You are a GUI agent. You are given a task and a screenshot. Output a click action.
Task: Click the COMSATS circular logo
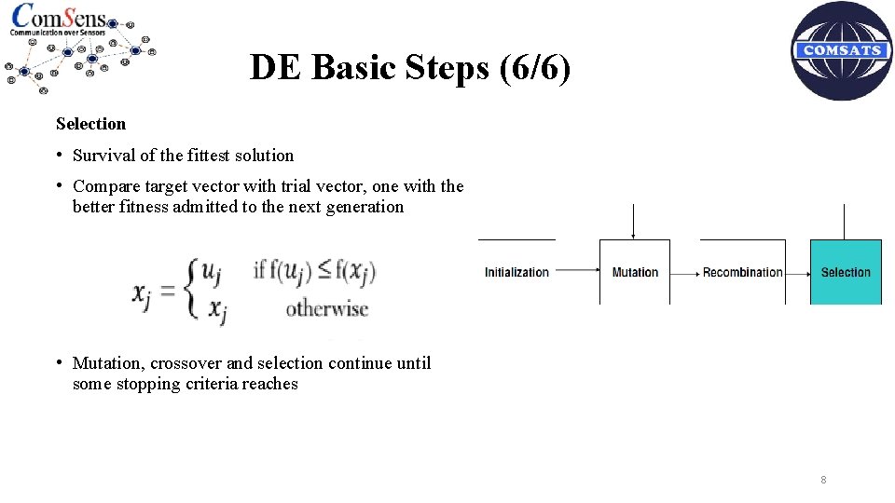[842, 51]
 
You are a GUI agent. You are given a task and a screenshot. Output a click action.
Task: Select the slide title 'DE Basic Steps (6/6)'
[410, 67]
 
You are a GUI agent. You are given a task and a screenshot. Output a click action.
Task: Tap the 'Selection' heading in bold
[90, 124]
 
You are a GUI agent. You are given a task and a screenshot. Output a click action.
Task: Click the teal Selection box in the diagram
[846, 272]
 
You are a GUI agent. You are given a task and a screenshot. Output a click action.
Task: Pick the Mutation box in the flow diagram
[635, 272]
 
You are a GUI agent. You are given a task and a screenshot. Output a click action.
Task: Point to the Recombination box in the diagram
[743, 272]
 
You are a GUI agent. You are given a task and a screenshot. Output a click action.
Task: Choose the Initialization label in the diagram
[516, 272]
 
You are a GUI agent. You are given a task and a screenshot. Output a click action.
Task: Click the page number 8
[823, 480]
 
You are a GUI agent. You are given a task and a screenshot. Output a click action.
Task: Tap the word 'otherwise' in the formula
[326, 309]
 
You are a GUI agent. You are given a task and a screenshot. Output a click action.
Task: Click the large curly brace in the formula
[192, 290]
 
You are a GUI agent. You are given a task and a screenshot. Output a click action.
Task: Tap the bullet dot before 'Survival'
[59, 155]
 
